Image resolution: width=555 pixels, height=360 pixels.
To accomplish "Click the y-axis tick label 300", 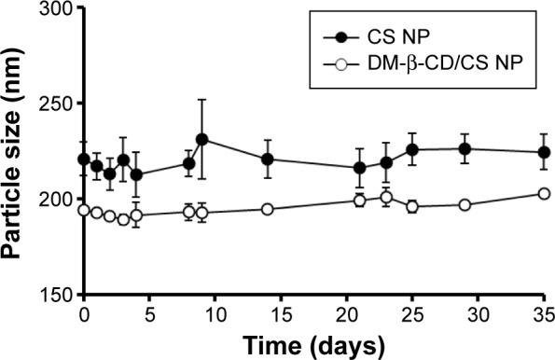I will click(x=51, y=10).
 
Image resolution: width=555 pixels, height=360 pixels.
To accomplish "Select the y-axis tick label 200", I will click(x=51, y=200).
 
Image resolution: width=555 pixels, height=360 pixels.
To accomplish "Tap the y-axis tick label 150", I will click(x=51, y=295).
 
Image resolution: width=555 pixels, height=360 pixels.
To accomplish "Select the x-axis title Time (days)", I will click(x=313, y=345).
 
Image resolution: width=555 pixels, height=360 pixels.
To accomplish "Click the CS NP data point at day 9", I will click(x=201, y=139).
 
